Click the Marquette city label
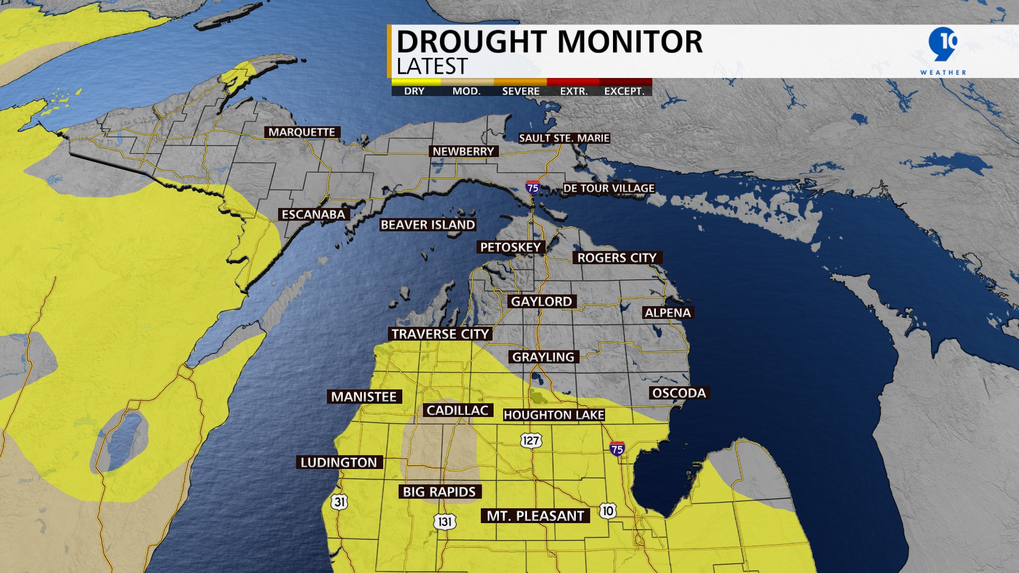[x=302, y=132]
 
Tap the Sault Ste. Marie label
[x=564, y=138]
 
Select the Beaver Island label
[x=428, y=225]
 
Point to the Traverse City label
[x=440, y=334]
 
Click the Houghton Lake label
[x=554, y=415]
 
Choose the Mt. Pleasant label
[x=535, y=516]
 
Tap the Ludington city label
[x=339, y=463]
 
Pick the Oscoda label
[x=679, y=393]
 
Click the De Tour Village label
[x=609, y=188]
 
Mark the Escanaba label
[x=313, y=214]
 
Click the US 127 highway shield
[x=530, y=440]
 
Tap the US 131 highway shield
[x=445, y=522]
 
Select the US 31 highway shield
[x=340, y=502]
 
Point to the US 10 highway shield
[x=608, y=511]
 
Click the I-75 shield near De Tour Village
[x=532, y=187]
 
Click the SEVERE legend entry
[x=521, y=91]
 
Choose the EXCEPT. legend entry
[x=624, y=91]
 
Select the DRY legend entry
[x=414, y=91]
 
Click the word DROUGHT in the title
[x=472, y=42]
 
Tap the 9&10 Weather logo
[x=943, y=50]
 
